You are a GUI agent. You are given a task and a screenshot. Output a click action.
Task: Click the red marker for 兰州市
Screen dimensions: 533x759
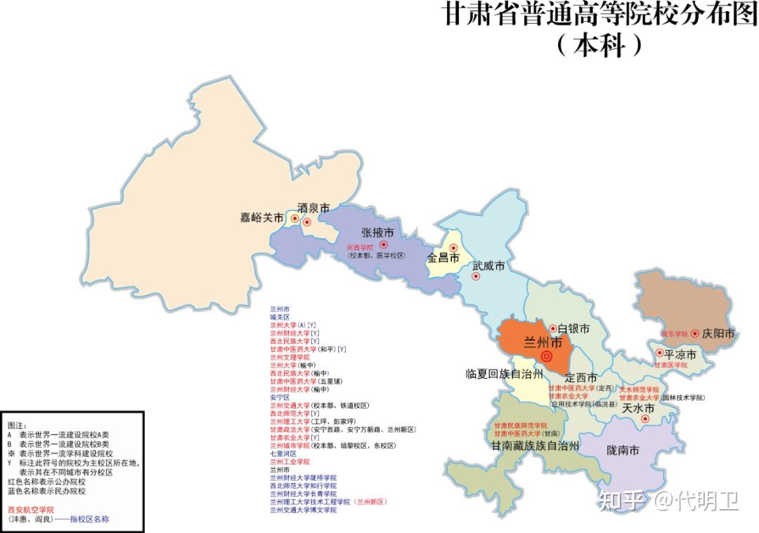(x=547, y=357)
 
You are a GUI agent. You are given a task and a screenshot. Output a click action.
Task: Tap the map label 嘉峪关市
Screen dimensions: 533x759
(x=261, y=218)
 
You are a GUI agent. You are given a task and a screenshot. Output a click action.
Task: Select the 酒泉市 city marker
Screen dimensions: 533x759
(x=307, y=222)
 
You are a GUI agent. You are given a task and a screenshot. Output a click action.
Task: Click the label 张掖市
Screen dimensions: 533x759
(x=377, y=232)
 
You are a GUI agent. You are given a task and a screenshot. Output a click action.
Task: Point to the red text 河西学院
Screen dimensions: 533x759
(x=360, y=248)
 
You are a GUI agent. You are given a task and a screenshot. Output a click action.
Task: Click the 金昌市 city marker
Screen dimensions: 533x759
(x=453, y=248)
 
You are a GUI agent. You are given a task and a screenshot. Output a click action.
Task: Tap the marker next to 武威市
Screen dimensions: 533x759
(x=476, y=276)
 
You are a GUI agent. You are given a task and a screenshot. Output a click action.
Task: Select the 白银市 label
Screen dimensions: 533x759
(x=573, y=329)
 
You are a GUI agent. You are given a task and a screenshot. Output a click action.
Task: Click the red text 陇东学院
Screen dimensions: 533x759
(x=674, y=334)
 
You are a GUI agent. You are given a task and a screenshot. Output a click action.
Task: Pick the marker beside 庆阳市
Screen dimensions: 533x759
(x=695, y=334)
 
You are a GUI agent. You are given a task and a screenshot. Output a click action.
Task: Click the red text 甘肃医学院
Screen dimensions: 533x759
(x=671, y=365)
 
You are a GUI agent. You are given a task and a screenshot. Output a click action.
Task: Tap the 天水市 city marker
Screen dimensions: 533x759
(x=645, y=419)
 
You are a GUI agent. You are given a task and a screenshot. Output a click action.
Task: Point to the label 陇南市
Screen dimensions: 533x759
(x=623, y=451)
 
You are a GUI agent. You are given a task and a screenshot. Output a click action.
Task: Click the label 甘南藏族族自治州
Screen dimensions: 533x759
(x=535, y=446)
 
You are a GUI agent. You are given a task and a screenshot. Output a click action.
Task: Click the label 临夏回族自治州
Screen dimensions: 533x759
(x=504, y=373)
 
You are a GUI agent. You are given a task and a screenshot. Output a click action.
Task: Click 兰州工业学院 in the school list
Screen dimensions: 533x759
(x=290, y=461)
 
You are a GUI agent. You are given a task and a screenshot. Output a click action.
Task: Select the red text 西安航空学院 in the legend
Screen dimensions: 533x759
(x=30, y=509)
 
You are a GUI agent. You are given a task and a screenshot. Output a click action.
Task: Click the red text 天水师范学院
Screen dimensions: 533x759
(x=639, y=389)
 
